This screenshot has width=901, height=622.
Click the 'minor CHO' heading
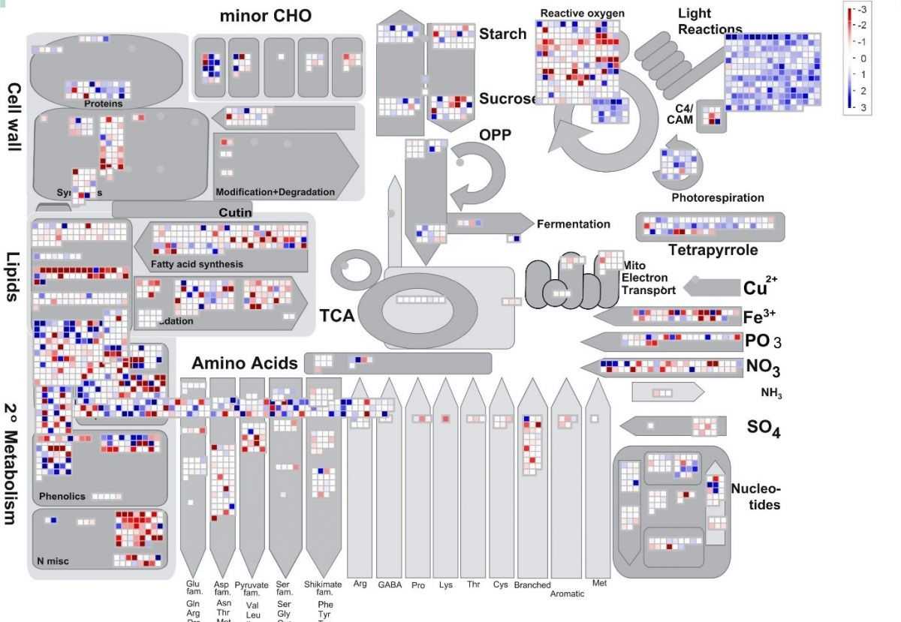(265, 16)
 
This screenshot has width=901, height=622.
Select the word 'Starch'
(502, 34)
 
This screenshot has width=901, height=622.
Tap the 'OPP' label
(495, 135)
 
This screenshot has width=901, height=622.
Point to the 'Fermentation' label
(573, 224)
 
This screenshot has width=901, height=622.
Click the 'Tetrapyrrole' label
(713, 250)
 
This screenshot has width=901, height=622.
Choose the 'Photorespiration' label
(717, 198)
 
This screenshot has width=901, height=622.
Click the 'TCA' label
(336, 316)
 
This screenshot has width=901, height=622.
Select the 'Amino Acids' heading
(244, 364)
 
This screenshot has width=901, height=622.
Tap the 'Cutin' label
(235, 213)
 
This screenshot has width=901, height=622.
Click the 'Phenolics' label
(62, 497)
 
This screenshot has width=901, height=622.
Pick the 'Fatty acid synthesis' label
(197, 264)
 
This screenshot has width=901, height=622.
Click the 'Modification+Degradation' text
(275, 192)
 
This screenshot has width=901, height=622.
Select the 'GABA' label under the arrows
(390, 584)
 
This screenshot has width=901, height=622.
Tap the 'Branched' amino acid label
(532, 585)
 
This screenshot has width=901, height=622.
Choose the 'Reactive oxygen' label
(582, 14)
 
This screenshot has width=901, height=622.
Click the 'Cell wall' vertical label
(14, 116)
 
